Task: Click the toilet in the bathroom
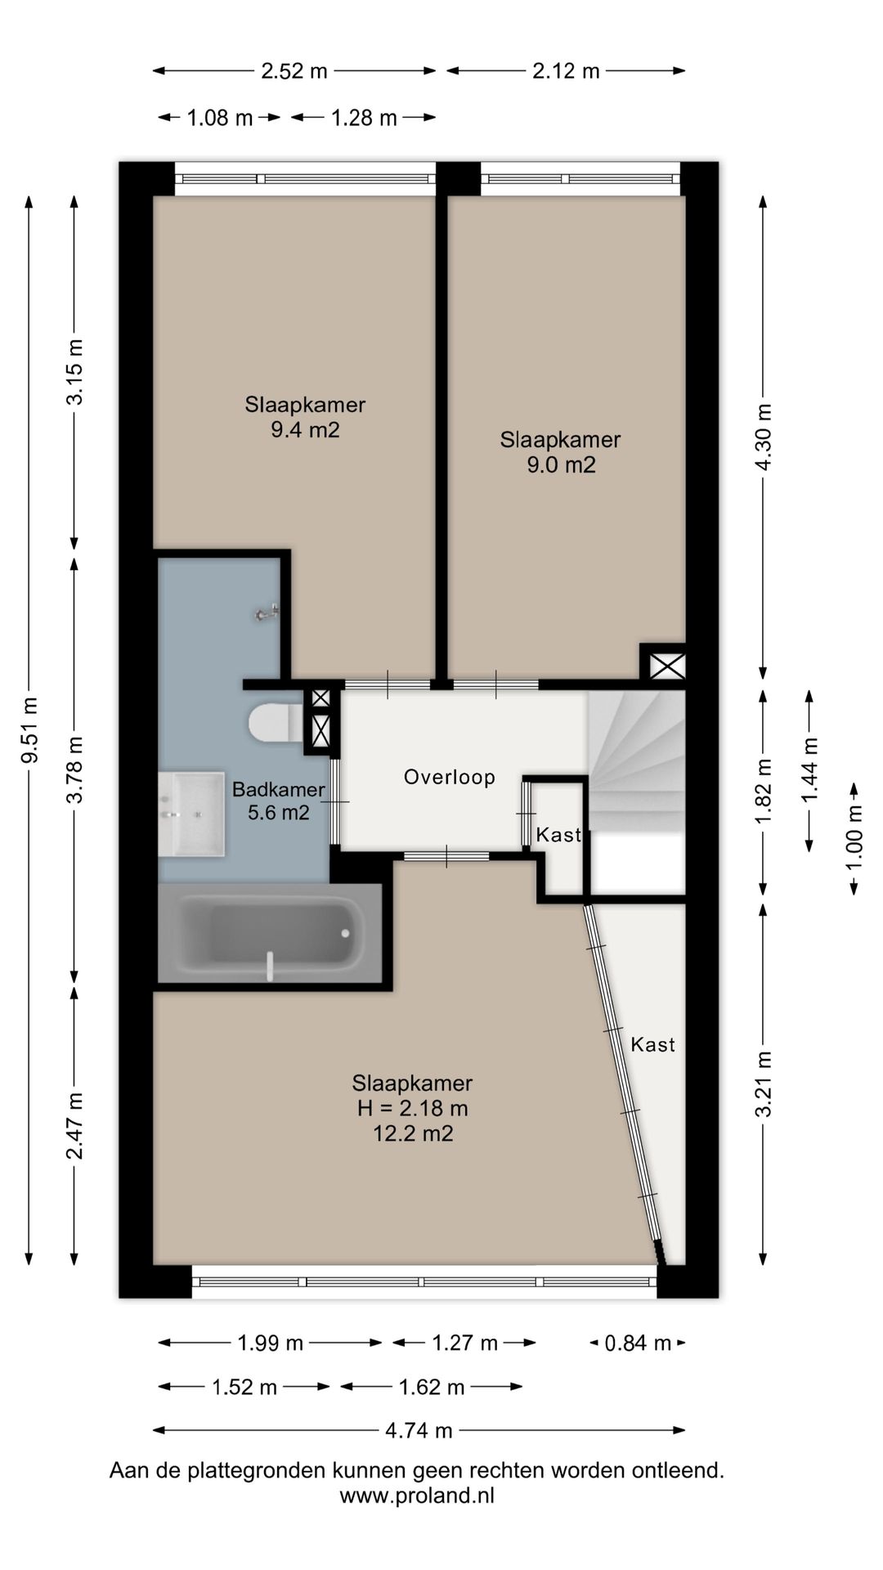(274, 723)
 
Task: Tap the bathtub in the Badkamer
(270, 933)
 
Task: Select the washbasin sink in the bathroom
(191, 814)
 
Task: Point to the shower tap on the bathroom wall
(267, 612)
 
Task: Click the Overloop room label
(450, 777)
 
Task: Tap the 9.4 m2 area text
(305, 429)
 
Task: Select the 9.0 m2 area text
(561, 465)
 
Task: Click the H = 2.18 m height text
(412, 1109)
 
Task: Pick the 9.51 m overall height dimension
(29, 730)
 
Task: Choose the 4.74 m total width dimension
(419, 1430)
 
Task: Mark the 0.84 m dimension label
(638, 1343)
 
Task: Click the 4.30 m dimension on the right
(763, 437)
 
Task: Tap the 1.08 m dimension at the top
(220, 118)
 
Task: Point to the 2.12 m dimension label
(567, 71)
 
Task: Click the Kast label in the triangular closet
(653, 1044)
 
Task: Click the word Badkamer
(279, 790)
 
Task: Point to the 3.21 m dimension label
(763, 1083)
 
